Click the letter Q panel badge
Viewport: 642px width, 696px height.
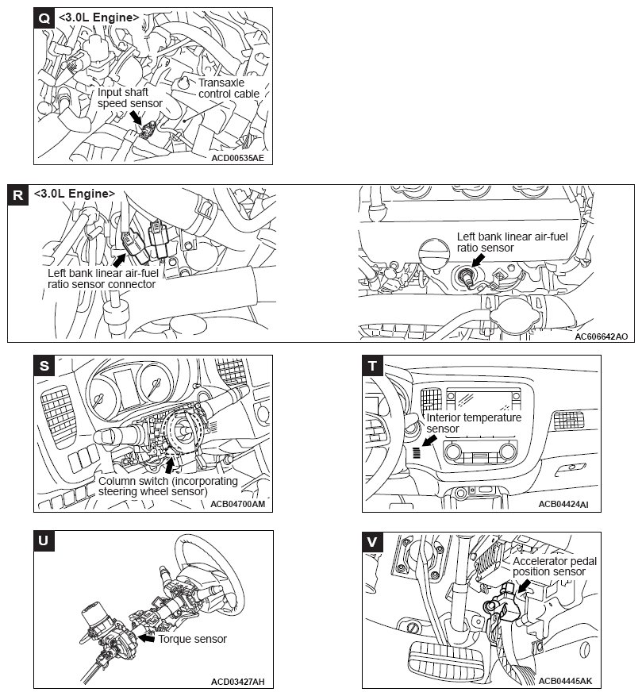pos(44,17)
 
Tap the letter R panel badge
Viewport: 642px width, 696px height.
pos(18,195)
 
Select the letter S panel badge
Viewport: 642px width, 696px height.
pos(44,365)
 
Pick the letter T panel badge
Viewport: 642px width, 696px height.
pos(372,365)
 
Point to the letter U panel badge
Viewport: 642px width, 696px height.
pos(44,541)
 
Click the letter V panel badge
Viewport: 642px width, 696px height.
pos(372,541)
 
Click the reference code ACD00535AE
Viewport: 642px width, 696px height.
pos(237,158)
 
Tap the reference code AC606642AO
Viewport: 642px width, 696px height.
pos(601,336)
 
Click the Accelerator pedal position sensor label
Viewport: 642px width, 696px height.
pos(555,566)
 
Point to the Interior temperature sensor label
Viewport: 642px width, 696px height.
pos(474,423)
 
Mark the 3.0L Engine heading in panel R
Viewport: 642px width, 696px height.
pos(75,194)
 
